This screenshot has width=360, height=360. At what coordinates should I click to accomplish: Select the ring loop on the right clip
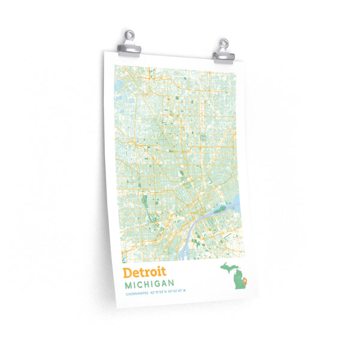224,43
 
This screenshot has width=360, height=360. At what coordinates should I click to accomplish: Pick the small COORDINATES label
137,293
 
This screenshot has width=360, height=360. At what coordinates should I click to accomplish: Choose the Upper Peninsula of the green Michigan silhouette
227,266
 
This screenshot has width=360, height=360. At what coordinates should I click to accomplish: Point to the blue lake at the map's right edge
235,200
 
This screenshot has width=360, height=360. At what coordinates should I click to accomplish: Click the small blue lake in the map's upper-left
118,88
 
